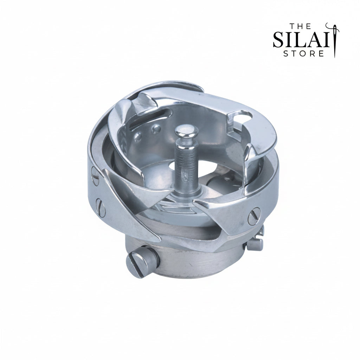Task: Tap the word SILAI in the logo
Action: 301,40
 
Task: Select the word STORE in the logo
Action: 303,54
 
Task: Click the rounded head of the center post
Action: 186,131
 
